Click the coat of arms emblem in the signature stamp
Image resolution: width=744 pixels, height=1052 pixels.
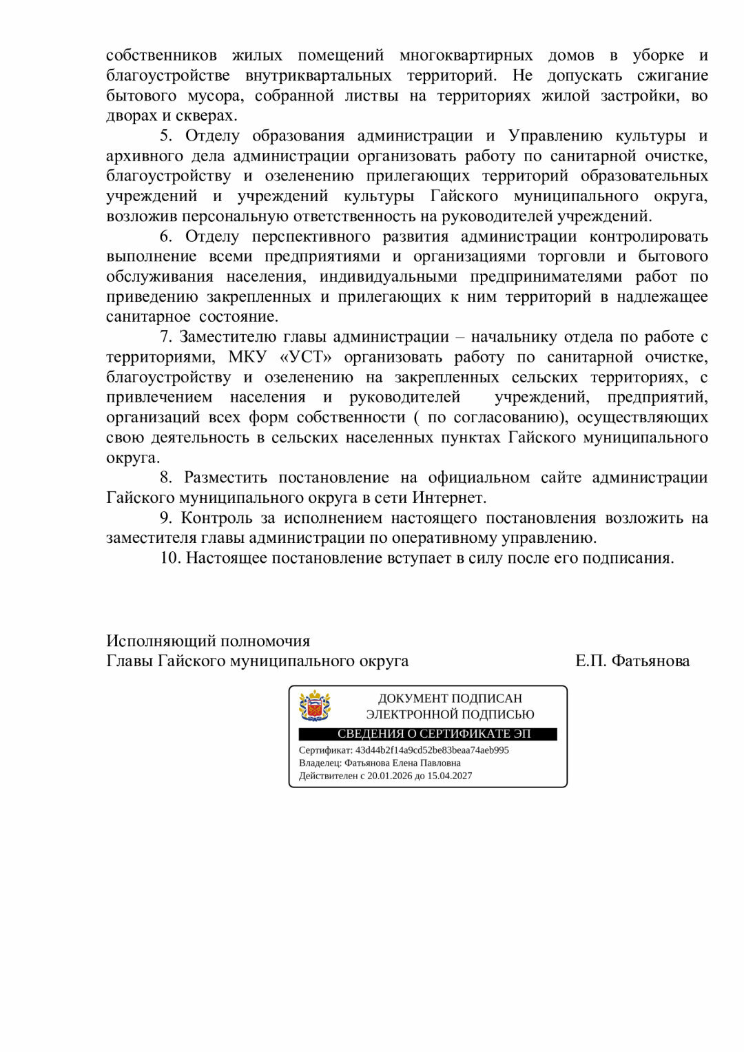[314, 706]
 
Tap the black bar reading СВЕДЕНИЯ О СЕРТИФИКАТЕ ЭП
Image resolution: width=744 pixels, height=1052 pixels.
[428, 734]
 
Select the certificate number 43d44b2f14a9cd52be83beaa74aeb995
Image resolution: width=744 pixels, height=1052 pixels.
[432, 750]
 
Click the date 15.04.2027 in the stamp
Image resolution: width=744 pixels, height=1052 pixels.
[450, 776]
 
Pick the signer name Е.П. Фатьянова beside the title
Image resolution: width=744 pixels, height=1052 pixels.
[632, 661]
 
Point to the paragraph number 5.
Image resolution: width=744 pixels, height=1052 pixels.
[166, 136]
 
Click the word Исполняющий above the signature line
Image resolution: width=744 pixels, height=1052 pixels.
[160, 641]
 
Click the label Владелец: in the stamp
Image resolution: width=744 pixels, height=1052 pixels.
[320, 763]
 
